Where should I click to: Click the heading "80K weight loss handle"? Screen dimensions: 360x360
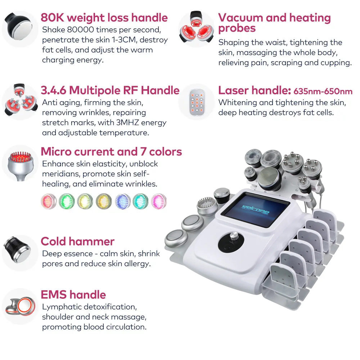104,18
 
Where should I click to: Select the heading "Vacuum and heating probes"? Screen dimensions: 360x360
274,23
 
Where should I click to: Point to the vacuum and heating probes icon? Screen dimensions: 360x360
196,28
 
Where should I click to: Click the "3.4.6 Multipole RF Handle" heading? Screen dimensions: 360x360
110,90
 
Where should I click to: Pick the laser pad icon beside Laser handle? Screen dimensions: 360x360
197,102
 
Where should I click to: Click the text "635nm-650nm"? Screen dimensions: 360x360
323,91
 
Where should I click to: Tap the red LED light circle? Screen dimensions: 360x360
49,201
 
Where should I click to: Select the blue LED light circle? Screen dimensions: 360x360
122,201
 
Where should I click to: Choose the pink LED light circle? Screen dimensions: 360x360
159,201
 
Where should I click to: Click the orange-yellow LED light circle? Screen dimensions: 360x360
104,201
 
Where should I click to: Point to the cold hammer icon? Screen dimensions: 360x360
17,249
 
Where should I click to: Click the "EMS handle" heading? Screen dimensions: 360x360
73,294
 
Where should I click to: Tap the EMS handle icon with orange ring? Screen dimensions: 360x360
21,306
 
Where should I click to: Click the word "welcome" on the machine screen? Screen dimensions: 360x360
255,210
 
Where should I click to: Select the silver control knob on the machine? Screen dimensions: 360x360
234,236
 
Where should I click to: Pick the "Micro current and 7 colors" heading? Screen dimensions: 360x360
111,152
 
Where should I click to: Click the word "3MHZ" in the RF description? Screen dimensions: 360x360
128,123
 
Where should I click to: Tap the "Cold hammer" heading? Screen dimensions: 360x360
78,241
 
